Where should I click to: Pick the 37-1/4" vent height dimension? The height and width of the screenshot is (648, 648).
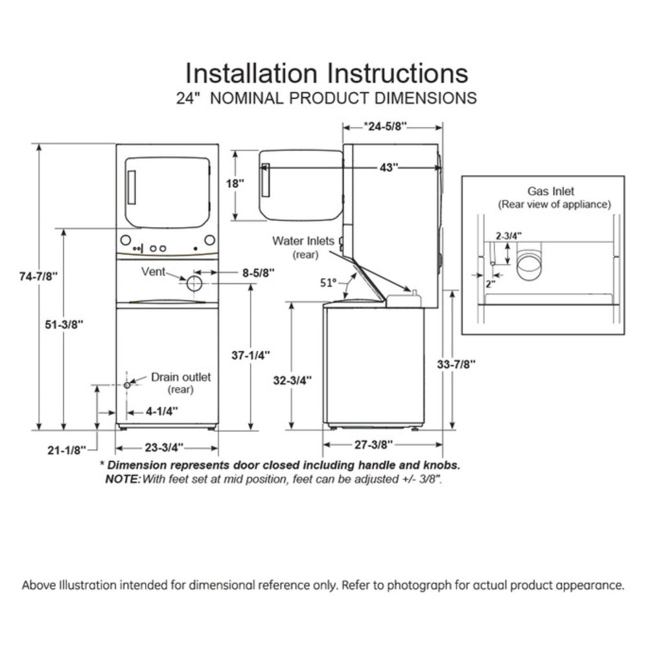coord(251,355)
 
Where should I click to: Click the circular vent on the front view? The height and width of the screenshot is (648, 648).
coord(194,283)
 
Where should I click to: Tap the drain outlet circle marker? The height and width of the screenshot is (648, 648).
coord(126,385)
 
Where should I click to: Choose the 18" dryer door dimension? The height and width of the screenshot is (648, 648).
coord(235,183)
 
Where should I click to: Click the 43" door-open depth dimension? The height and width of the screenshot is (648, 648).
coord(388,167)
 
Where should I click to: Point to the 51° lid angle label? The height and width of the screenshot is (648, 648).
coord(329,283)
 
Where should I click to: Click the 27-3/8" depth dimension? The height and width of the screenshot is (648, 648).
coord(373,445)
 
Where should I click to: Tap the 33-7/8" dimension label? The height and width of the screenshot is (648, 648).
coord(456,364)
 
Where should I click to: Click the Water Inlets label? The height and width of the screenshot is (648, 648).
coord(303,241)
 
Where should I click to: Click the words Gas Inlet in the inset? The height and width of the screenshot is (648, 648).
coord(551,191)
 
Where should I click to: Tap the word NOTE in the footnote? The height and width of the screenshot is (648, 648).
coord(122,480)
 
